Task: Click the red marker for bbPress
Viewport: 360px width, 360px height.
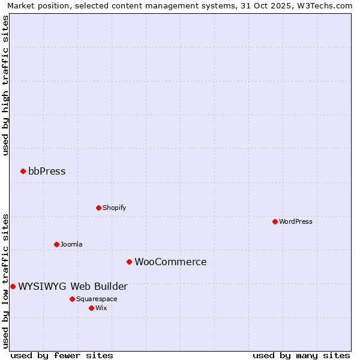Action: (23, 172)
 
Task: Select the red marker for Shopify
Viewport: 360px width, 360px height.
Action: (98, 208)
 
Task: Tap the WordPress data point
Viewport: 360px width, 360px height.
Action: (275, 222)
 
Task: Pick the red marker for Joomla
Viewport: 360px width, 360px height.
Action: (56, 245)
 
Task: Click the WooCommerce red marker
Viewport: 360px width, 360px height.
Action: (129, 262)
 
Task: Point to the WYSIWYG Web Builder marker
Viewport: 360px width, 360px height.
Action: (13, 287)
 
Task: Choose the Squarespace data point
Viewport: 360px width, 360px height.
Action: (72, 299)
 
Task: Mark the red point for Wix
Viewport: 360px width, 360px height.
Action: (91, 308)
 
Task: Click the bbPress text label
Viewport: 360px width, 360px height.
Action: (47, 172)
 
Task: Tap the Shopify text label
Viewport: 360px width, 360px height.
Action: (114, 208)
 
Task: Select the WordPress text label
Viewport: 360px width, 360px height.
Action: (295, 222)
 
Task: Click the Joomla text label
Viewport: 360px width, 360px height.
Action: (71, 245)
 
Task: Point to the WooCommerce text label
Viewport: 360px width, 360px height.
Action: (170, 262)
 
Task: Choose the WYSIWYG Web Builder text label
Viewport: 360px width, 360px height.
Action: (73, 287)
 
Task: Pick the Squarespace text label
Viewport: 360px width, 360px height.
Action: (97, 299)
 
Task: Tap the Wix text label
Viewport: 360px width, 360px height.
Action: (101, 308)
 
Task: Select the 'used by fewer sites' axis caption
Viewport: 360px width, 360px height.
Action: (62, 355)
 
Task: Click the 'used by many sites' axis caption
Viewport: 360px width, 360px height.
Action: (301, 355)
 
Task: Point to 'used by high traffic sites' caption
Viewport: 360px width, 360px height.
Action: (5, 85)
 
